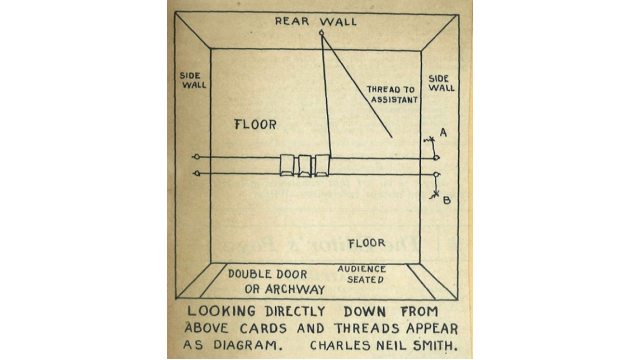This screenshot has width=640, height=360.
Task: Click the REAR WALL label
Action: pyautogui.click(x=316, y=21)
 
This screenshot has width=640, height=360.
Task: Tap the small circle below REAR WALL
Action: pyautogui.click(x=321, y=33)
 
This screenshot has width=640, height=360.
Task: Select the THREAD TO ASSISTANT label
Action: pyautogui.click(x=392, y=94)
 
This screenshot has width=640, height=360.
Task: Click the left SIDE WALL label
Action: pyautogui.click(x=193, y=80)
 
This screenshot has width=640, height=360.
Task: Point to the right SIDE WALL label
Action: pyautogui.click(x=441, y=83)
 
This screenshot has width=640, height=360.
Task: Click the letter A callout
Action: pyautogui.click(x=443, y=132)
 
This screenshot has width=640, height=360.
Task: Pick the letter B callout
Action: pyautogui.click(x=447, y=200)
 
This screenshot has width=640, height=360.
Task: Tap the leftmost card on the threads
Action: pyautogui.click(x=287, y=165)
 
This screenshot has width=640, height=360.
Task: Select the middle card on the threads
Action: pyautogui.click(x=304, y=166)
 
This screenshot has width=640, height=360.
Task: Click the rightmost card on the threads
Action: pyautogui.click(x=322, y=165)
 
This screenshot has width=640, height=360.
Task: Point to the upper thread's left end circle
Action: pyautogui.click(x=196, y=157)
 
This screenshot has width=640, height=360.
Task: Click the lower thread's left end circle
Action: pyautogui.click(x=197, y=173)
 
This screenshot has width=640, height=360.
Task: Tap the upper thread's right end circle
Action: pyautogui.click(x=436, y=158)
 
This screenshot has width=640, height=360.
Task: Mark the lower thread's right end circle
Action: pyautogui.click(x=436, y=175)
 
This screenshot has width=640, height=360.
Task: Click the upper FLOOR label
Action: pyautogui.click(x=256, y=124)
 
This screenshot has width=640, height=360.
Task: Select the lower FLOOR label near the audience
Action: pyautogui.click(x=367, y=243)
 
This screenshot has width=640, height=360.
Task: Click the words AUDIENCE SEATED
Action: pyautogui.click(x=362, y=274)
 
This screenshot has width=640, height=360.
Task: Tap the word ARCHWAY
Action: pyautogui.click(x=295, y=289)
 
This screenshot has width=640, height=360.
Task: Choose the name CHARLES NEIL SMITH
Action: pyautogui.click(x=383, y=345)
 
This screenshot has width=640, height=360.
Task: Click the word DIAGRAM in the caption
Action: pyautogui.click(x=247, y=345)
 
